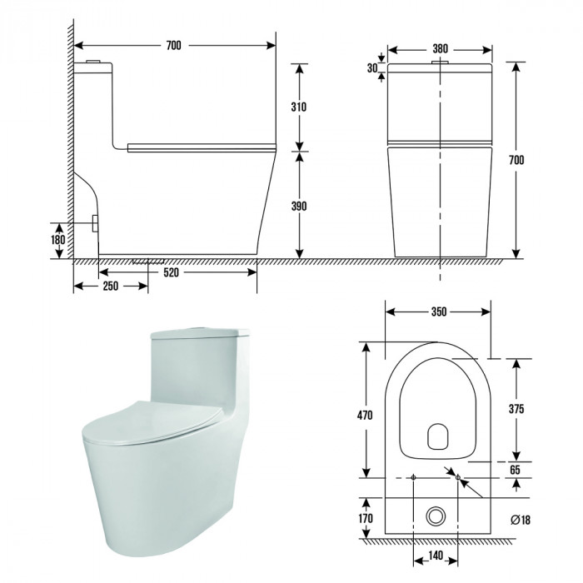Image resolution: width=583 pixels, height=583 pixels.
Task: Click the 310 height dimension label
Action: point(299,107)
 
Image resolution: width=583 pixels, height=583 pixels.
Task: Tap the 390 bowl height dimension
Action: point(299,206)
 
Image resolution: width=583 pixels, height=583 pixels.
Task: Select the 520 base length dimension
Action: point(171,272)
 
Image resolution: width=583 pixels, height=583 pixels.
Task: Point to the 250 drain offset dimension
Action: point(111,286)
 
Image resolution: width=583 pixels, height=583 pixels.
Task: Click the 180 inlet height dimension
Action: point(58,240)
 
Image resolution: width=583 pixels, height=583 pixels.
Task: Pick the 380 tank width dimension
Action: point(441,48)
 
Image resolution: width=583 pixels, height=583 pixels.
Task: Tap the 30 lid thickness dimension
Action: point(372,68)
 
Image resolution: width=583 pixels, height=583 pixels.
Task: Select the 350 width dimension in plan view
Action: point(439,311)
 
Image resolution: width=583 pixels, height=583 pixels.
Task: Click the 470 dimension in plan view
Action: point(365,415)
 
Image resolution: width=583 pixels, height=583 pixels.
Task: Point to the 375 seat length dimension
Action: point(516,409)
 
